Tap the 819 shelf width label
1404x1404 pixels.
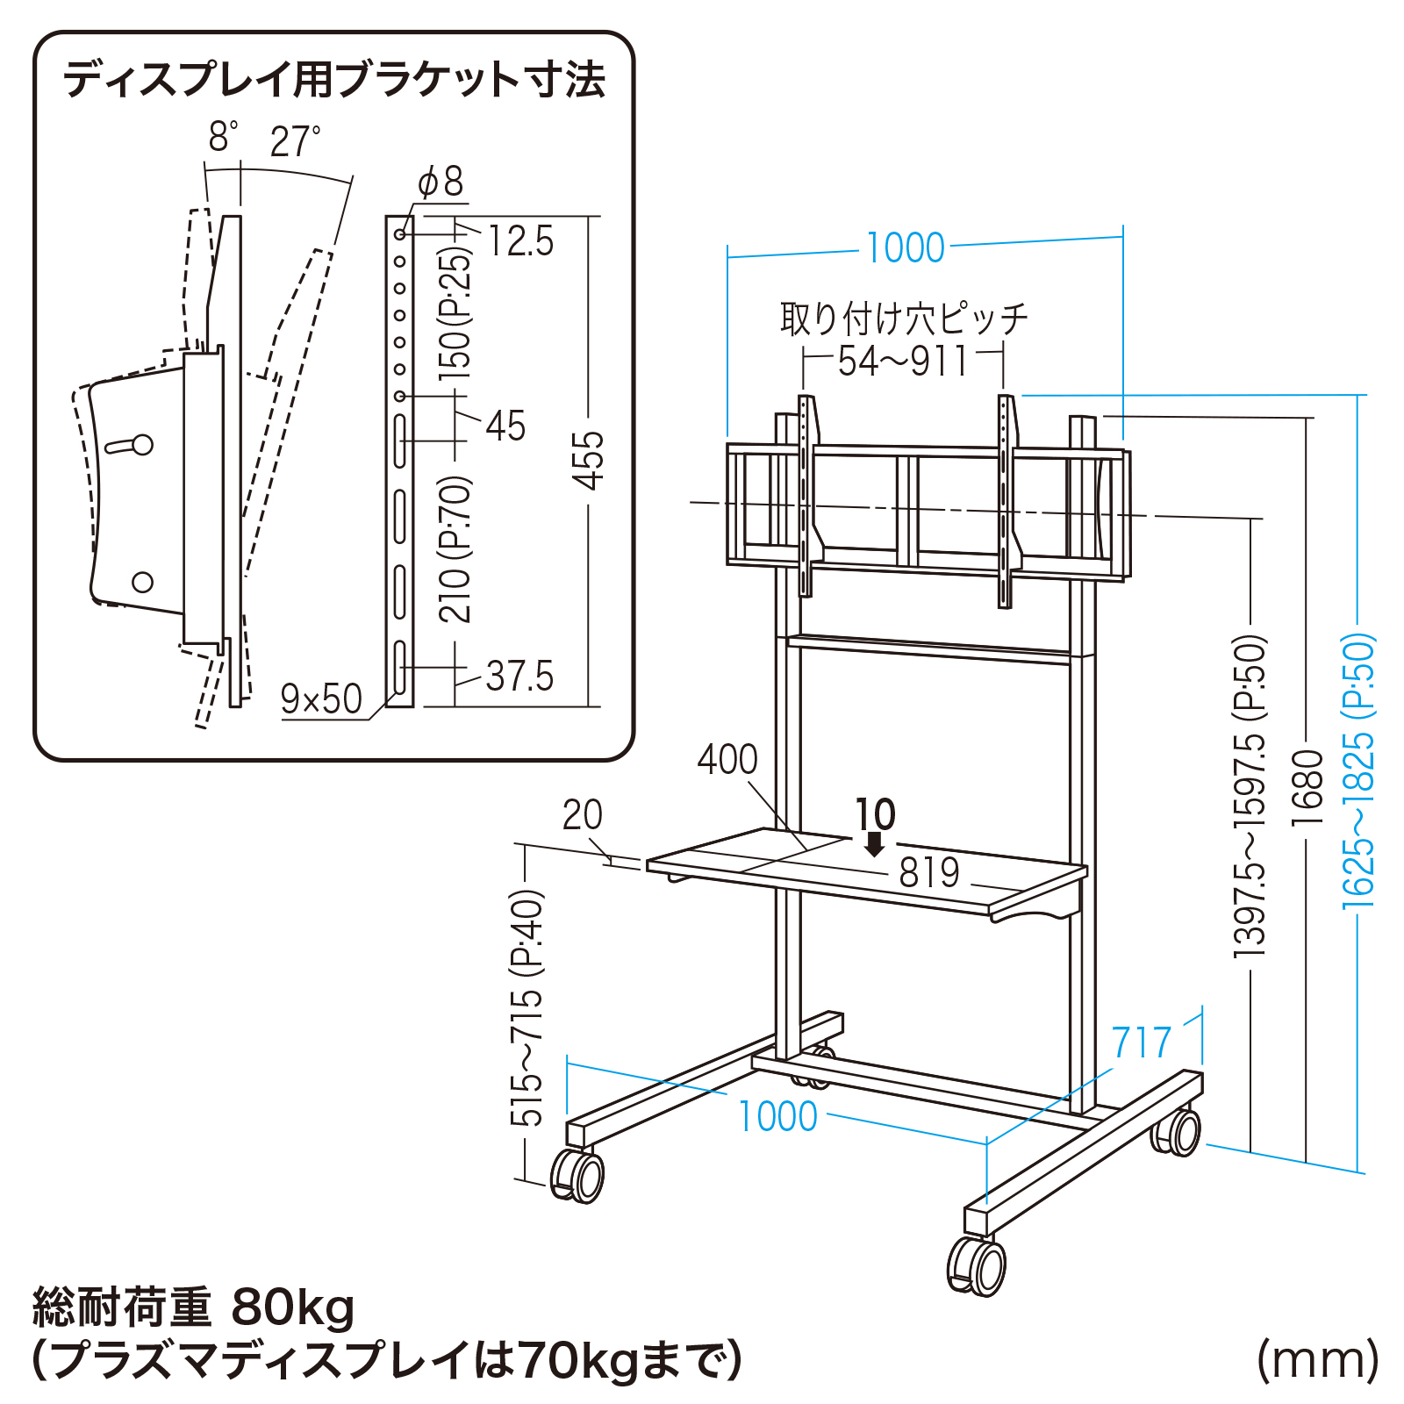(929, 872)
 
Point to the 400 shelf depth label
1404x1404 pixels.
(727, 760)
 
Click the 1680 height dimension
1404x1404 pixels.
(1307, 787)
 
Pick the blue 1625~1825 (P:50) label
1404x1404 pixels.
(1358, 772)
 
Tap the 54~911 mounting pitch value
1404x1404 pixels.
(903, 362)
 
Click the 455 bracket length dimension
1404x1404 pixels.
(589, 460)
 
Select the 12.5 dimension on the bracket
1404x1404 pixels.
(520, 241)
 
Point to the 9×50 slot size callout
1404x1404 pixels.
(320, 699)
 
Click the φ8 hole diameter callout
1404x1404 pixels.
(441, 183)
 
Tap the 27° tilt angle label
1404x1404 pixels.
(295, 142)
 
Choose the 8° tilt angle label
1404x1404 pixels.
(222, 138)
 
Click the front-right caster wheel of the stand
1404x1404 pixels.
(978, 1265)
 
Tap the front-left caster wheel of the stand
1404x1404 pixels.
(578, 1175)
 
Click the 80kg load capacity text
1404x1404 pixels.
(292, 1307)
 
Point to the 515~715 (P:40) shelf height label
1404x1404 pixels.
(527, 1008)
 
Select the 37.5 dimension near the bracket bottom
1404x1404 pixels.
(519, 677)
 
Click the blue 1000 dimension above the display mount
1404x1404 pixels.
(905, 248)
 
